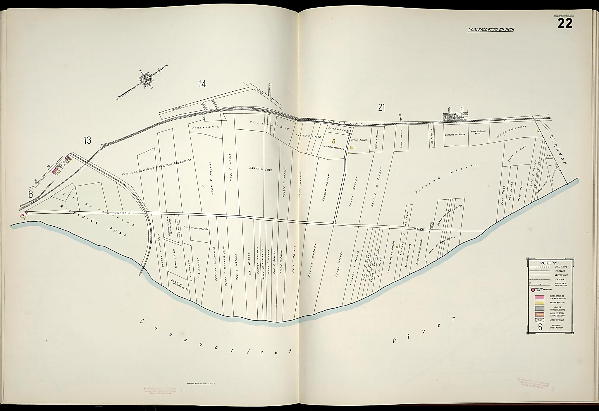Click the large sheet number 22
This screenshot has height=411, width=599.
tap(564, 23)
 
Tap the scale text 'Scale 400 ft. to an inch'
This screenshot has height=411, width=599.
tap(491, 30)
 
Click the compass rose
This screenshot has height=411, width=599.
tap(145, 79)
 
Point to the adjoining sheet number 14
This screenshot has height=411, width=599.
tap(202, 84)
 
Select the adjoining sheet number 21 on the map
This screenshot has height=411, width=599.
tap(381, 108)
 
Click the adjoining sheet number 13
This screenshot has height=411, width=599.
tap(87, 141)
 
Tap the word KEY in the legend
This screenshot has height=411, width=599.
tap(550, 263)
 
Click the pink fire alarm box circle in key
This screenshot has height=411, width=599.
tap(533, 290)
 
